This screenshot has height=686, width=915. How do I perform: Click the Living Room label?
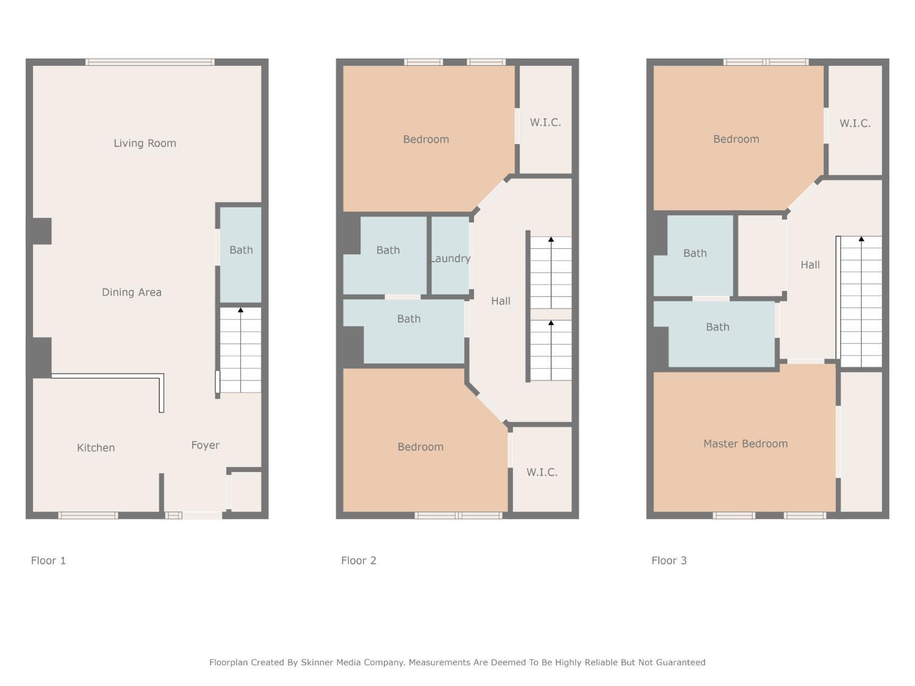145,143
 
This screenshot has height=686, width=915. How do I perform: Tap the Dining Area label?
131,292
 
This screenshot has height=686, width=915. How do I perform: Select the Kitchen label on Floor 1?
96,448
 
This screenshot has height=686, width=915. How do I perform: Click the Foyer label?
205,445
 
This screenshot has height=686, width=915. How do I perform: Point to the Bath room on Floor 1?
240,250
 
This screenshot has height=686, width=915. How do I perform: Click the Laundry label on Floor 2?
450,259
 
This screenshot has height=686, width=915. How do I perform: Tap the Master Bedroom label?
745,444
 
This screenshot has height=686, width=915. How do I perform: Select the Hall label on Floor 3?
809,265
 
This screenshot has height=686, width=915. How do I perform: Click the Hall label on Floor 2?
500,301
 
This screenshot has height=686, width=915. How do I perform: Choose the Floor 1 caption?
48,560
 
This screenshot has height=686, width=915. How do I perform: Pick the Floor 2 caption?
359,560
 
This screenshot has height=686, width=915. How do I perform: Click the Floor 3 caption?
669,560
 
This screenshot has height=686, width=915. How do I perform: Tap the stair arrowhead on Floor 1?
240,310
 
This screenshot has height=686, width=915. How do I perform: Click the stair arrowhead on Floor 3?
861,239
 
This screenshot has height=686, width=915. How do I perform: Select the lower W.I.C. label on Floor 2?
542,472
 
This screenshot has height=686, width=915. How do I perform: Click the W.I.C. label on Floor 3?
855,123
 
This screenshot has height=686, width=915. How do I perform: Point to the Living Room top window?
149,62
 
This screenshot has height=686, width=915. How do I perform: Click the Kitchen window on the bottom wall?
88,515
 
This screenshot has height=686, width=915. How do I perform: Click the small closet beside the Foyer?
246,491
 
